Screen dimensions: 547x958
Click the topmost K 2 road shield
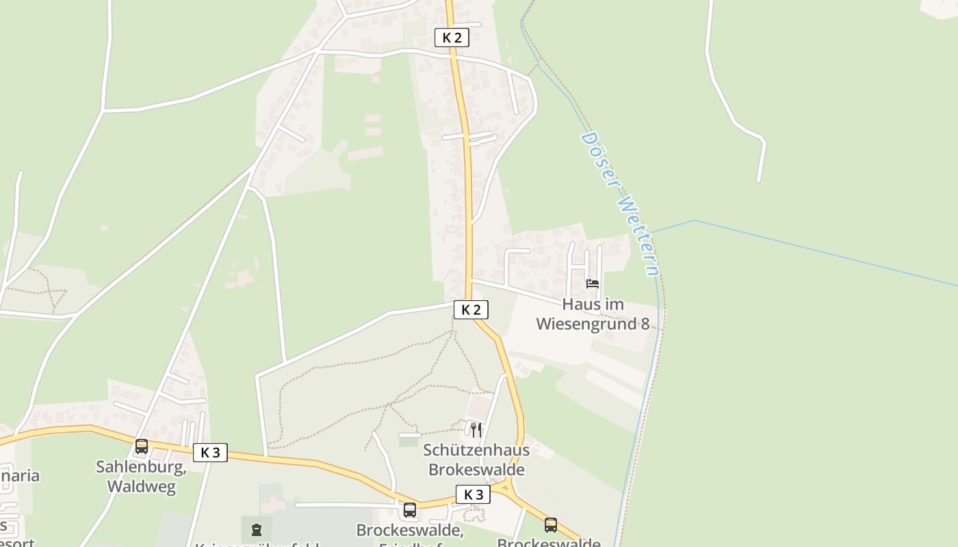(x=452, y=38)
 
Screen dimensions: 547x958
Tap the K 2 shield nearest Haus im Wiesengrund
(x=471, y=310)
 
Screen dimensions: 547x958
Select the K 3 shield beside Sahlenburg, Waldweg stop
(x=210, y=452)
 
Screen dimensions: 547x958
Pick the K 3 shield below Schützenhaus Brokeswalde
(x=473, y=494)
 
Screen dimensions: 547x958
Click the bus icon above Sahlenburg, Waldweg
(x=142, y=446)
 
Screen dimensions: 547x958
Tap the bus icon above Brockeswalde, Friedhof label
(x=410, y=509)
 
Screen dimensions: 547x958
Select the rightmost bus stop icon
(x=551, y=524)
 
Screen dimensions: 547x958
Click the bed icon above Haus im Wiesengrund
(x=593, y=283)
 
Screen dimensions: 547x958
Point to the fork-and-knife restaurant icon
(x=476, y=430)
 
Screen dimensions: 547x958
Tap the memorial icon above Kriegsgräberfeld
(x=257, y=529)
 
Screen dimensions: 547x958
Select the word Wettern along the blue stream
(x=640, y=237)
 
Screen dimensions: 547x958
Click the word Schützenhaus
(x=476, y=450)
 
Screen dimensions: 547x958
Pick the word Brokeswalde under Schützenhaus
(x=476, y=470)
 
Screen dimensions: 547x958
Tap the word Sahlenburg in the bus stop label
(x=141, y=467)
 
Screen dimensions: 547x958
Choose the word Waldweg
(x=141, y=487)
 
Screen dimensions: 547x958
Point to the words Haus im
(x=593, y=304)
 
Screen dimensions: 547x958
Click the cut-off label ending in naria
(x=20, y=475)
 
